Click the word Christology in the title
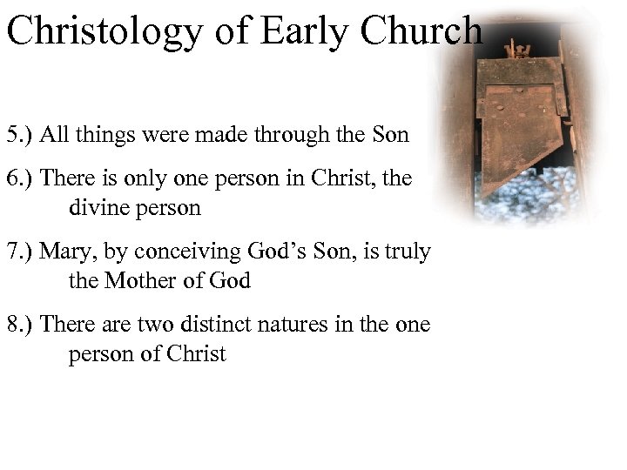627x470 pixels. tap(102, 31)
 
